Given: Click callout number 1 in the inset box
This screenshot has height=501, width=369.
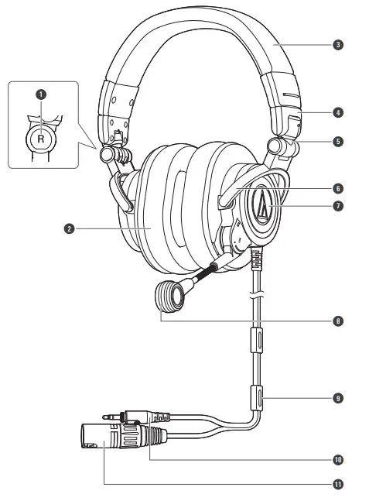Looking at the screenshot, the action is (41, 94).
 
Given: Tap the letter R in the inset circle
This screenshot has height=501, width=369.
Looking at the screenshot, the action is (41, 139).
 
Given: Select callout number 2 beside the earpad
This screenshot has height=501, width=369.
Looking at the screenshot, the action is (70, 228).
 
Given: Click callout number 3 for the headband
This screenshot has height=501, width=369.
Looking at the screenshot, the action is (338, 45).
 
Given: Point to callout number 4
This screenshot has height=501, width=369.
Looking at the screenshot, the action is (338, 112).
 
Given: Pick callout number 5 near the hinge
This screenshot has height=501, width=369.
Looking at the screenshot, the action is (338, 142).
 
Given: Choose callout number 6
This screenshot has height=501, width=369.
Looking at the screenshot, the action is (338, 188).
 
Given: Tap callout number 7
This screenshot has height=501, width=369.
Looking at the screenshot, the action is (338, 206).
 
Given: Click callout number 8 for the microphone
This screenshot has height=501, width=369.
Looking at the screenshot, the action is (338, 321).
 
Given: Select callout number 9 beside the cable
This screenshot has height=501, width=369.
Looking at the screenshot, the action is (338, 398).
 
